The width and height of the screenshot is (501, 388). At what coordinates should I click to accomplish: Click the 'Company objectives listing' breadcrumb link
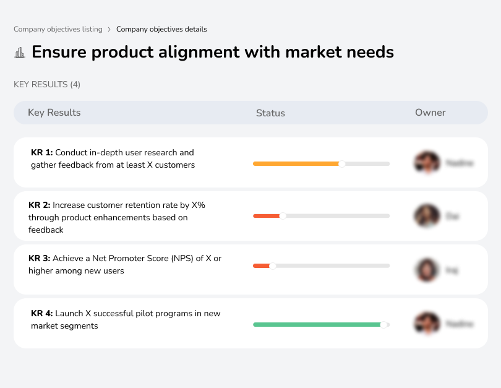pyautogui.click(x=58, y=29)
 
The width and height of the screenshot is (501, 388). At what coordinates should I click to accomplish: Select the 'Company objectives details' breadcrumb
pyautogui.click(x=161, y=29)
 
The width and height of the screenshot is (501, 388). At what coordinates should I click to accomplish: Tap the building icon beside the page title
pyautogui.click(x=20, y=53)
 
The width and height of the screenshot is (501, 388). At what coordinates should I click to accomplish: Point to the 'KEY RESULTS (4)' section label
pyautogui.click(x=47, y=84)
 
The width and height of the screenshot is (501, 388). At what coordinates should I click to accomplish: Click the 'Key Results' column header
pyautogui.click(x=54, y=113)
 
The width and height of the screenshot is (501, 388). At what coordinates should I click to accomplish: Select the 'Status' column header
pyautogui.click(x=270, y=113)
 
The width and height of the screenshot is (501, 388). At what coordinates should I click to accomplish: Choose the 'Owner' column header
pyautogui.click(x=430, y=113)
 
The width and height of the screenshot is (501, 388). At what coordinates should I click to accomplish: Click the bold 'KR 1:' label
pyautogui.click(x=42, y=152)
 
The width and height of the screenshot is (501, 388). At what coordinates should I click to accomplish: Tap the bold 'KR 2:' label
pyautogui.click(x=40, y=205)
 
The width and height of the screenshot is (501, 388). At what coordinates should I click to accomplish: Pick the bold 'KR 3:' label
pyautogui.click(x=40, y=258)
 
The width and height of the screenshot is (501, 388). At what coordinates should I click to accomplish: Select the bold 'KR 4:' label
pyautogui.click(x=42, y=314)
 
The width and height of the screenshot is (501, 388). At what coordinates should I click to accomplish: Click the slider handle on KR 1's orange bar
pyautogui.click(x=341, y=164)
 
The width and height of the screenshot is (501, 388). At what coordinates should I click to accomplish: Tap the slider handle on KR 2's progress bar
pyautogui.click(x=283, y=216)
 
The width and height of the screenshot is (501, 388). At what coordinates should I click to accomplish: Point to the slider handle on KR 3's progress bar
pyautogui.click(x=272, y=265)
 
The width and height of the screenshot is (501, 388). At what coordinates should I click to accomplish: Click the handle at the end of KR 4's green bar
pyautogui.click(x=384, y=324)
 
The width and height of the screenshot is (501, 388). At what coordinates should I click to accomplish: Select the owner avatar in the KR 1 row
pyautogui.click(x=427, y=163)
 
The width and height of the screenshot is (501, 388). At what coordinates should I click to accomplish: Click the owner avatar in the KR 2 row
pyautogui.click(x=427, y=216)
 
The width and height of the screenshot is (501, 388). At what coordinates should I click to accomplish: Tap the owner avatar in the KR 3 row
pyautogui.click(x=427, y=270)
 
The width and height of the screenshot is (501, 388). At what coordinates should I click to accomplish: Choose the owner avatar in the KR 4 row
pyautogui.click(x=427, y=324)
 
